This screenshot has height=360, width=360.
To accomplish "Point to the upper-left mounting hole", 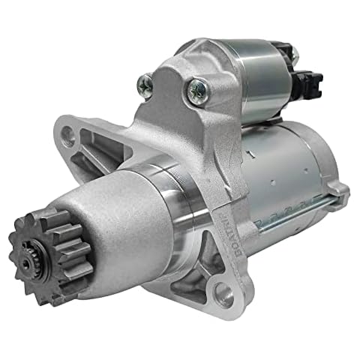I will pos(69,136).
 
